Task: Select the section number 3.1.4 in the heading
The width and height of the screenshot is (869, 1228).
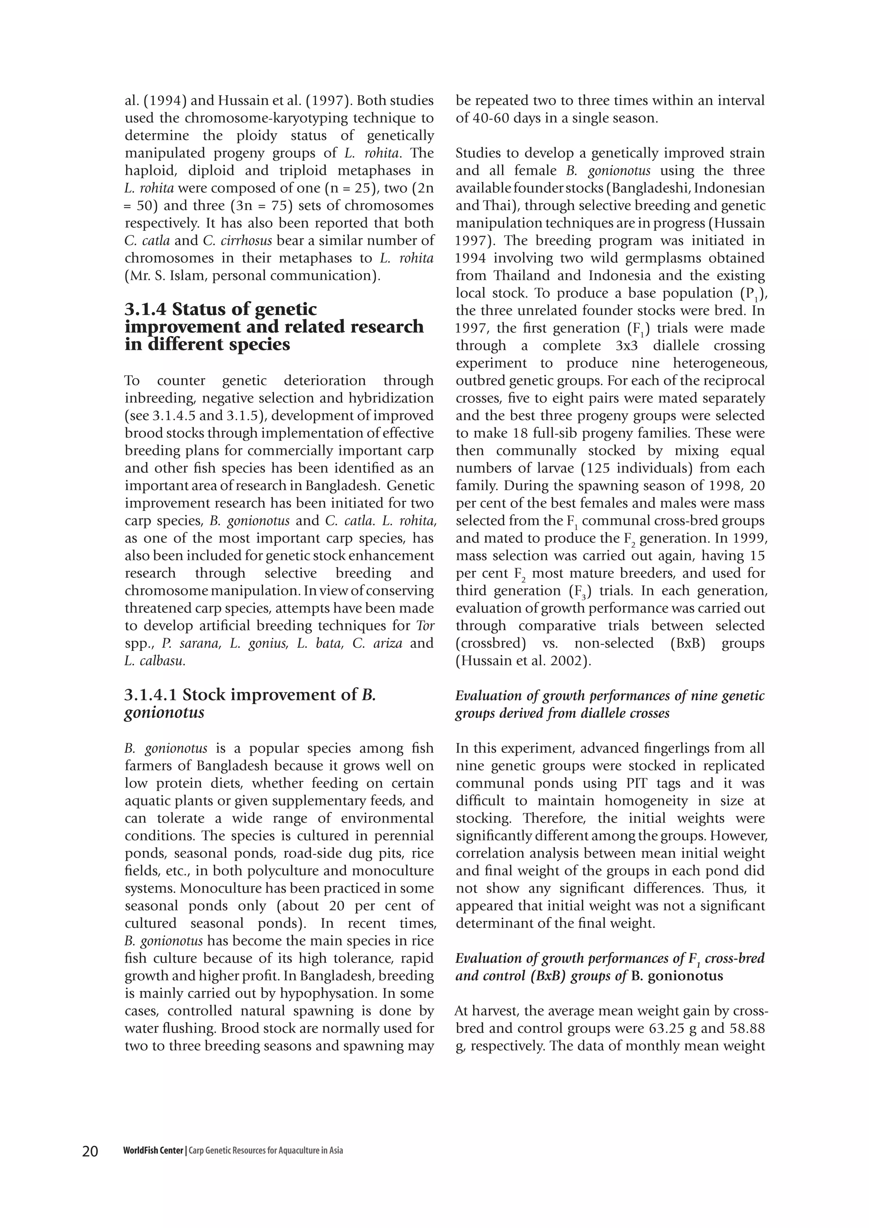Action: coord(146,309)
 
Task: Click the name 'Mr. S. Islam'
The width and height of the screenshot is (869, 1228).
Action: coord(162,276)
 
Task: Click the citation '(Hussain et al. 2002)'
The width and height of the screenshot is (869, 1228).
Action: coord(523,661)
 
